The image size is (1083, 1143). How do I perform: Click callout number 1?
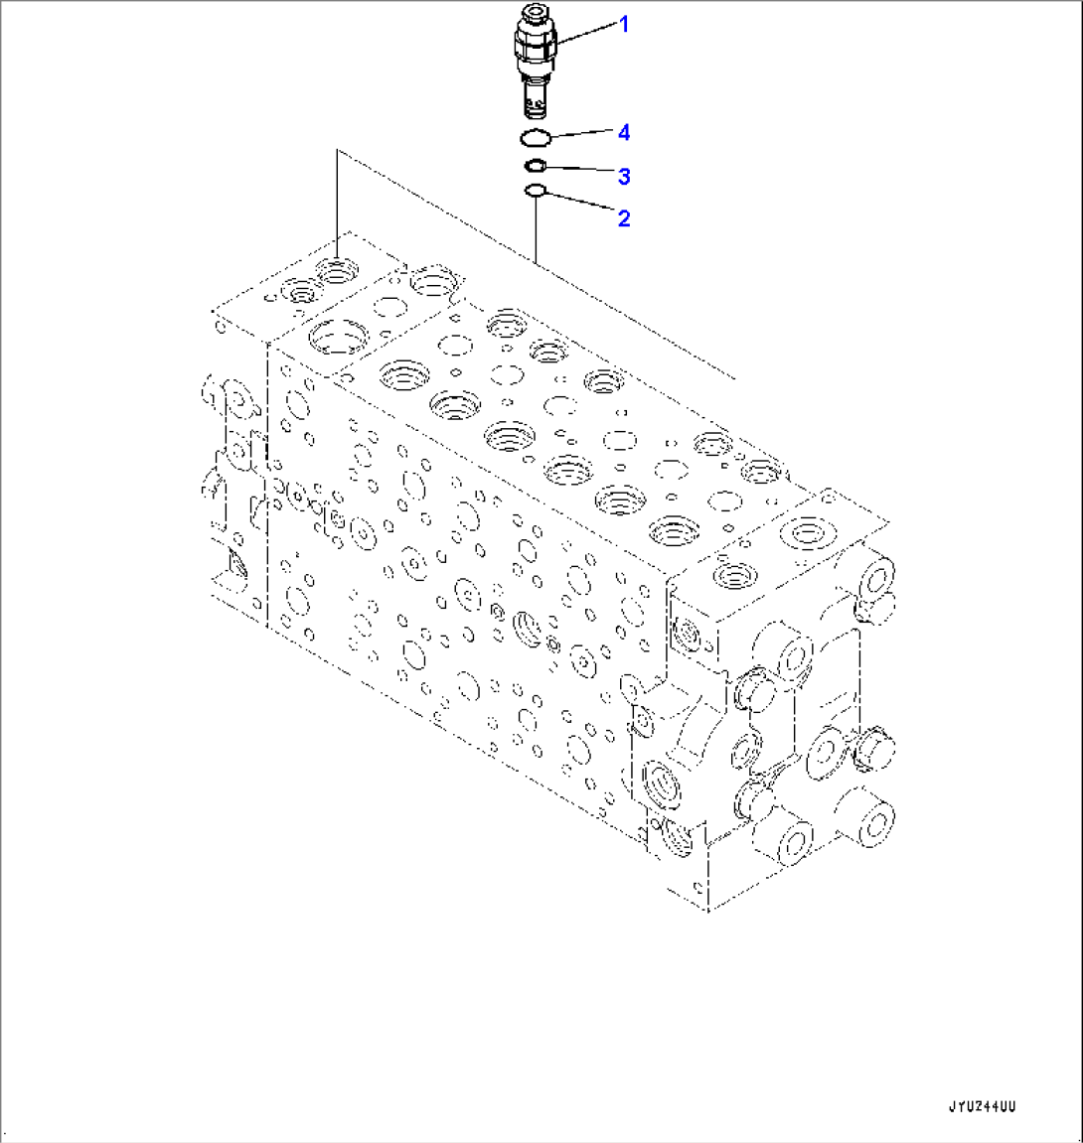click(624, 25)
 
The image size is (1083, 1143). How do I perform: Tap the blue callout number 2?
click(623, 218)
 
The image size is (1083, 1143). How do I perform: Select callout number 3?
click(623, 177)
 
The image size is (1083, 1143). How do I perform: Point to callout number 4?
click(623, 132)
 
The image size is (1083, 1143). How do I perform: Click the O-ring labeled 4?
click(535, 137)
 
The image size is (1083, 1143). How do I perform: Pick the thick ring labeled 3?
click(535, 166)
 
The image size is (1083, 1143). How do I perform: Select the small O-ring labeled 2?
click(535, 191)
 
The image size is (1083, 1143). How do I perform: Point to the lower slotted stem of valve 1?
click(535, 99)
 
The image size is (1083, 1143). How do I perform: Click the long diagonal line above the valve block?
click(537, 264)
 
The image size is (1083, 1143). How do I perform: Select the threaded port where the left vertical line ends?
click(337, 269)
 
